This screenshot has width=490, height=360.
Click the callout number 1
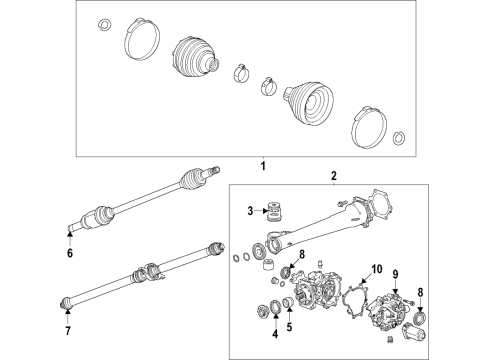pos(263,165)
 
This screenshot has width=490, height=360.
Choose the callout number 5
pos(291,325)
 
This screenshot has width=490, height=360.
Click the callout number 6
pos(69,254)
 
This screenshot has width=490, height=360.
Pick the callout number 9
pos(394,273)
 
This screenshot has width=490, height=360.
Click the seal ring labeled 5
pos(286,303)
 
